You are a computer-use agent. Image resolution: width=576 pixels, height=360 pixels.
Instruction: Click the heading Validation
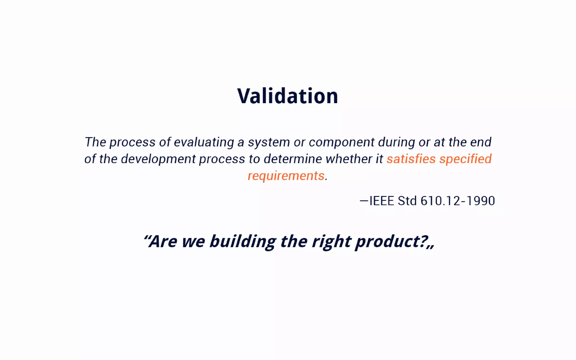[x=287, y=96]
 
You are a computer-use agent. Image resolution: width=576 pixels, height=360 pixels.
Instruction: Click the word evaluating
[x=204, y=142]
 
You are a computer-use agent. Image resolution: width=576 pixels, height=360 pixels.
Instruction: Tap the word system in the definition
[x=269, y=142]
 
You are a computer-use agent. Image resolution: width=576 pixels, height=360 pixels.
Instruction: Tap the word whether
[x=349, y=159]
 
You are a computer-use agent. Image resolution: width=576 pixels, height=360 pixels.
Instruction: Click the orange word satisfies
[x=411, y=159]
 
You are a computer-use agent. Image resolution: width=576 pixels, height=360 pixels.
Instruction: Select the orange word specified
[x=465, y=159]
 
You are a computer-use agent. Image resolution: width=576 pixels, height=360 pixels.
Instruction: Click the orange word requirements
[x=286, y=176]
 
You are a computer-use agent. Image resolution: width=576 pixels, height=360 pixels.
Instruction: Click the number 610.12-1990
[x=458, y=201]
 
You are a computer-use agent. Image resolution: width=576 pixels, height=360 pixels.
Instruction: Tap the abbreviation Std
[x=407, y=201]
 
